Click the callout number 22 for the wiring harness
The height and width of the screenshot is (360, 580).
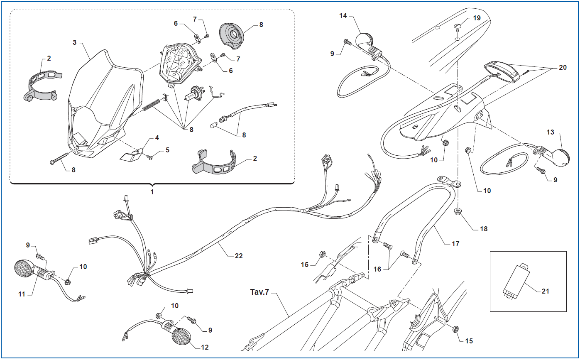coord(238,256)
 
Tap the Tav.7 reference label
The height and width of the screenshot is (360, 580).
coord(259,292)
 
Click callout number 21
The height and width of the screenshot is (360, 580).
coord(545,291)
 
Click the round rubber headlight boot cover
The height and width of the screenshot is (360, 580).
coord(232,36)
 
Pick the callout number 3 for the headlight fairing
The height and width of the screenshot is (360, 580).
coord(75,42)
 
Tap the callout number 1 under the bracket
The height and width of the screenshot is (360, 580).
coord(152,192)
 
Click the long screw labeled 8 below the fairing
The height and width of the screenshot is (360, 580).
coord(59,159)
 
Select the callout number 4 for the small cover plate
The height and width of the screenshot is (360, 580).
coord(157,137)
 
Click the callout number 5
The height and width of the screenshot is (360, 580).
coord(168,150)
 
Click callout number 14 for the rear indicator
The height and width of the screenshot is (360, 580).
coord(343,16)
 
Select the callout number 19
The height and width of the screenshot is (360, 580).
coord(477,18)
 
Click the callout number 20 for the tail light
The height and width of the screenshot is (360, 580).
coord(563,67)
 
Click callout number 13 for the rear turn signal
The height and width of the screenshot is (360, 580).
coord(550,132)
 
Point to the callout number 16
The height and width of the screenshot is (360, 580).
coord(377,269)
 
